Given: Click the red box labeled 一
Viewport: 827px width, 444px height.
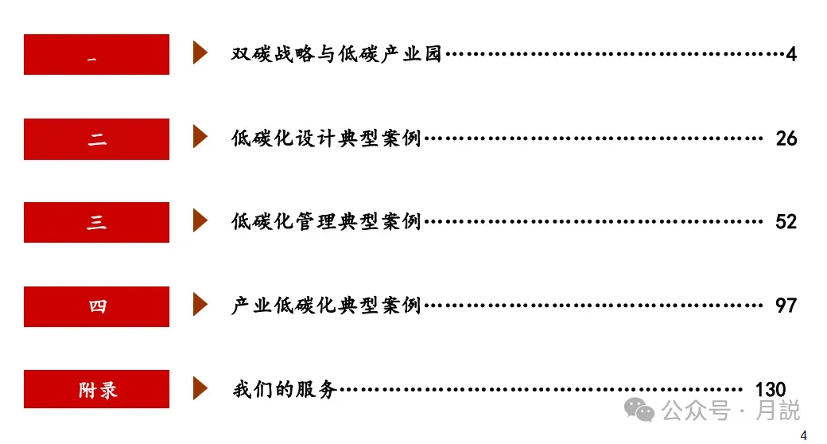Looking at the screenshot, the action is point(96,55).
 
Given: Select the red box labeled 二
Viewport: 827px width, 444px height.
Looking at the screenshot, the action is point(96,139).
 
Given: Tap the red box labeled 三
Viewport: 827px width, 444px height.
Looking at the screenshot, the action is point(96,223).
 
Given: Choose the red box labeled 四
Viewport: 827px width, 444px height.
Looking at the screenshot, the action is point(96,306).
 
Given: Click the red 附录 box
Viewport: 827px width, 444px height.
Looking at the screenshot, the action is point(96,390).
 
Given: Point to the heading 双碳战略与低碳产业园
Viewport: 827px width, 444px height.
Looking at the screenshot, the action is point(336,55).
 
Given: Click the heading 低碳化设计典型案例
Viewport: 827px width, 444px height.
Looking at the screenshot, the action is point(326,139).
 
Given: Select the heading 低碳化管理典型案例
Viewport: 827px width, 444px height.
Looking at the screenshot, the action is point(326,222).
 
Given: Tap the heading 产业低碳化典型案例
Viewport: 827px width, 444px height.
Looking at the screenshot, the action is point(326,306).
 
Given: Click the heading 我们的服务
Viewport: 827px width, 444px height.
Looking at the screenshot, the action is point(285,390).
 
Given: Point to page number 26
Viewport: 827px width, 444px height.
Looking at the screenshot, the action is point(786,139).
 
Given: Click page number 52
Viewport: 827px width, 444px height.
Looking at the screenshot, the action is point(786,222).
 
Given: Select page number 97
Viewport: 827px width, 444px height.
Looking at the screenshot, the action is point(786,306).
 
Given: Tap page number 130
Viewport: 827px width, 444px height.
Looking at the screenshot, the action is point(771,390).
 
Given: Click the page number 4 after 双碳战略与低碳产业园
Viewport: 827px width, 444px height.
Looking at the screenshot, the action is point(791,55).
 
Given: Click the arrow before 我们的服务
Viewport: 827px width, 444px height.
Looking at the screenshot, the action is point(200,388).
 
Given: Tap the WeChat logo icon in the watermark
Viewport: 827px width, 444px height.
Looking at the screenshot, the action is point(639,411).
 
